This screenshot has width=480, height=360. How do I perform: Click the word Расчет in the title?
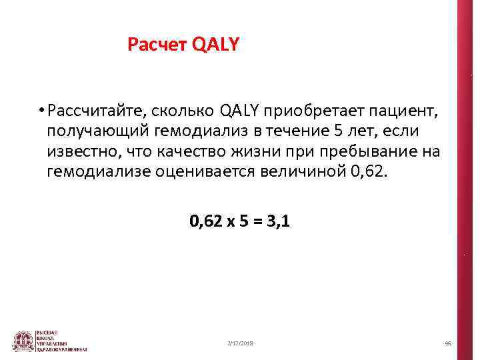(157, 45)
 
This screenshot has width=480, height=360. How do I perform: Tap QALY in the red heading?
(215, 45)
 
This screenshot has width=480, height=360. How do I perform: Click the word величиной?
(307, 173)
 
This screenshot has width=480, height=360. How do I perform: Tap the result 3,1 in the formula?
(277, 220)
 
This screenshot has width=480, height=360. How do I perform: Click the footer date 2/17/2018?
(240, 343)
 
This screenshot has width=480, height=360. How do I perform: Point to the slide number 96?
(448, 343)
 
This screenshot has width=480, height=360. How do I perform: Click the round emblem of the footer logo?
(23, 341)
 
